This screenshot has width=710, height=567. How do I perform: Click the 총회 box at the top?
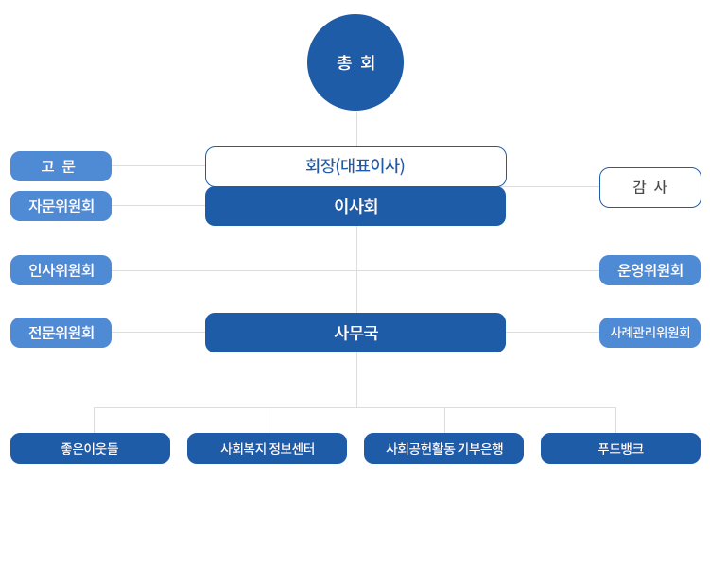(x=356, y=62)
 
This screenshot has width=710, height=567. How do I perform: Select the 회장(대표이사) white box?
(x=355, y=166)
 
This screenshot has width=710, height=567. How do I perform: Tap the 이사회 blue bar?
(x=355, y=207)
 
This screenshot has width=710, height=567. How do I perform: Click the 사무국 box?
(x=355, y=333)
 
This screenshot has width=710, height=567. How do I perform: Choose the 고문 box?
(x=61, y=166)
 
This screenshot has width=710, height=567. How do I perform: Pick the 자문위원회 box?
(x=61, y=206)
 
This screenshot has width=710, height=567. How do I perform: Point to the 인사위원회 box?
(x=61, y=270)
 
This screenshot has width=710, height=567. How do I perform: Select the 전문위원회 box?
(x=61, y=333)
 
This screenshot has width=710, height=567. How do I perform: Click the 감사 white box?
(x=649, y=187)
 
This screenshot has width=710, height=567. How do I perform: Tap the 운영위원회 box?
(x=649, y=270)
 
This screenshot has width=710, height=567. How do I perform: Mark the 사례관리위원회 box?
(x=649, y=333)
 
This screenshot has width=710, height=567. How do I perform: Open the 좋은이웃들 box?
(x=91, y=448)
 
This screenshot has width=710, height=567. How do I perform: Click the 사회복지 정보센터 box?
(x=267, y=448)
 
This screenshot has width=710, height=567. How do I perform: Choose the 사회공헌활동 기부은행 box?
(x=444, y=448)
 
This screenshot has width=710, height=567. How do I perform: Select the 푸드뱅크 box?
(x=620, y=448)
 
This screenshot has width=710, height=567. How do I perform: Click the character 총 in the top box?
(x=344, y=62)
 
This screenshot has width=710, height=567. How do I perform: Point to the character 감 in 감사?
(x=639, y=187)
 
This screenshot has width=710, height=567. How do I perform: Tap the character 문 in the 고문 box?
(x=69, y=166)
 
